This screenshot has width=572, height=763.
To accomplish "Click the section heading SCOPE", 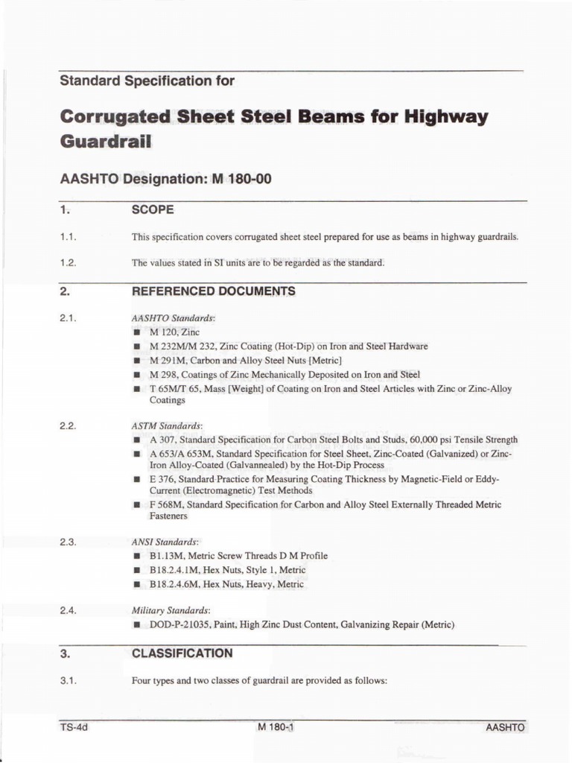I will pyautogui.click(x=153, y=210).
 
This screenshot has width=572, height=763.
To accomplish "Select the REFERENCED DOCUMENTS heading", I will pyautogui.click(x=213, y=291).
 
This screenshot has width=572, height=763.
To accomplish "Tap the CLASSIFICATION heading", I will pyautogui.click(x=182, y=653).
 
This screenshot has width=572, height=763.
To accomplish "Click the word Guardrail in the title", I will pyautogui.click(x=105, y=141).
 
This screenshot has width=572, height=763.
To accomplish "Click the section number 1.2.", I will pyautogui.click(x=69, y=262).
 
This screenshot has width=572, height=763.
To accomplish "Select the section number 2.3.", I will pyautogui.click(x=69, y=542).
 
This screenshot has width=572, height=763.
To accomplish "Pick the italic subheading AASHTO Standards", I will pyautogui.click(x=173, y=318).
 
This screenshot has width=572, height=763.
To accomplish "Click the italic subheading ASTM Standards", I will pyautogui.click(x=167, y=426).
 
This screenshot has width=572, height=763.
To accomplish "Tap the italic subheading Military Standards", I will pyautogui.click(x=171, y=610).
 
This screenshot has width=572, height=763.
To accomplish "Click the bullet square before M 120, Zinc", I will pyautogui.click(x=137, y=333).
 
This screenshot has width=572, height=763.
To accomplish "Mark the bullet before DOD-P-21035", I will pyautogui.click(x=137, y=625).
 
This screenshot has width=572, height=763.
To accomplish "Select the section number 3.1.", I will pyautogui.click(x=69, y=680).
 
